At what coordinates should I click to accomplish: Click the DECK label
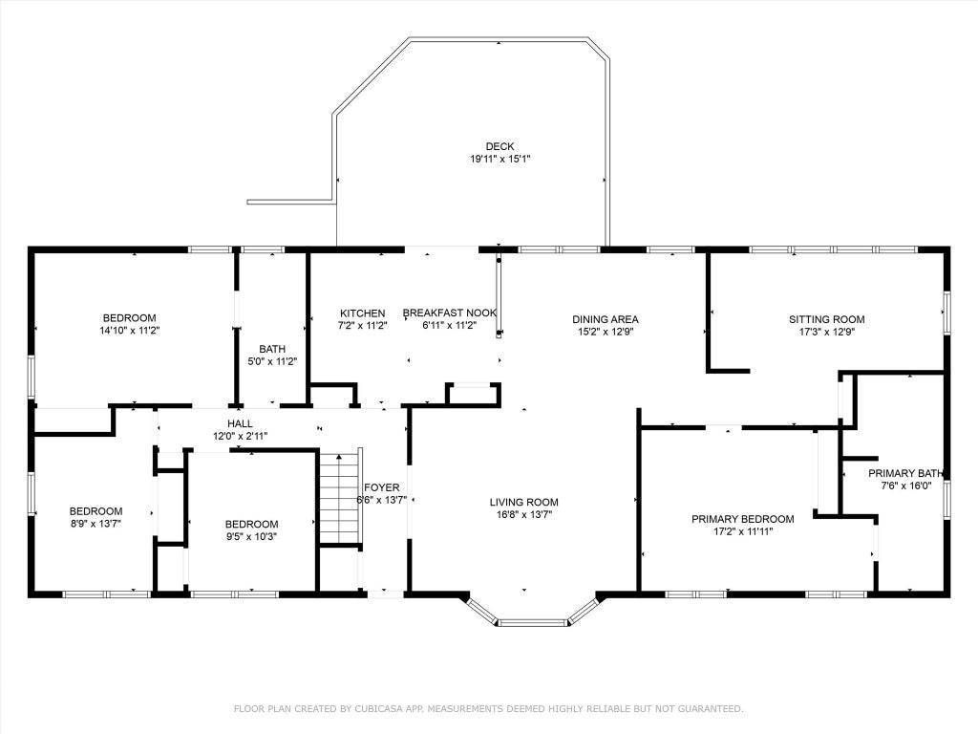[500, 146]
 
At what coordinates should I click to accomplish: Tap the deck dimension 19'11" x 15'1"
[500, 160]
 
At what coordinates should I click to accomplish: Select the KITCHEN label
[362, 313]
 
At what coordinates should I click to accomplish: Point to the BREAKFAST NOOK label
[450, 313]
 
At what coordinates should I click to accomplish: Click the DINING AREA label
[606, 319]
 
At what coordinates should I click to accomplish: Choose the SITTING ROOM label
[827, 319]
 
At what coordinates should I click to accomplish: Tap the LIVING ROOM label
[524, 503]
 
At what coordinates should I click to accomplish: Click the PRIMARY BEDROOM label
[743, 519]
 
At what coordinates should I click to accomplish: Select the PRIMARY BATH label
[905, 474]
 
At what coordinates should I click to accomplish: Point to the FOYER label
[382, 487]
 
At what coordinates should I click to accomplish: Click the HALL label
[240, 423]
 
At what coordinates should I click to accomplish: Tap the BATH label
[272, 350]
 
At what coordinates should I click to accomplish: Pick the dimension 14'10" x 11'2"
[130, 331]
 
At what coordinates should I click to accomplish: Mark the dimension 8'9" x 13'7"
[96, 524]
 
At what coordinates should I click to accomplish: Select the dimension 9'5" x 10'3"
[251, 536]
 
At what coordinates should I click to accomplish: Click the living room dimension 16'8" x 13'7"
[524, 515]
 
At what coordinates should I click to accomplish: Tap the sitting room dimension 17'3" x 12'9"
[827, 332]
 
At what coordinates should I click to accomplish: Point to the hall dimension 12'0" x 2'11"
[240, 436]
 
